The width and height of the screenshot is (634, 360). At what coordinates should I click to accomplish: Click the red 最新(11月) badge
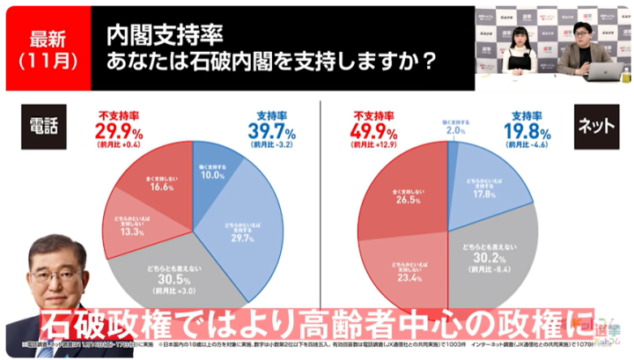click(45, 48)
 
